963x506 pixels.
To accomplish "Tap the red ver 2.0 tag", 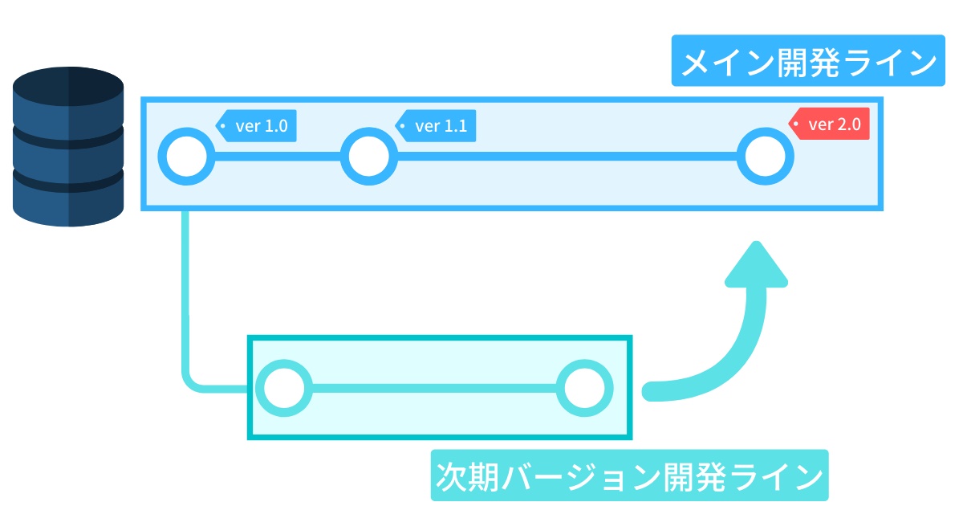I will click(831, 124).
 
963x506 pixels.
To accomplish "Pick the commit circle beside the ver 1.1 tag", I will click(369, 156).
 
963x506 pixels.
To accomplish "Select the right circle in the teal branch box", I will click(585, 389).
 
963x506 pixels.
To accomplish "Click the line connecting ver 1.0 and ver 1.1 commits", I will click(278, 156).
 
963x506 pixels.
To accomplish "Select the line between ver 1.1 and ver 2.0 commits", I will click(567, 156).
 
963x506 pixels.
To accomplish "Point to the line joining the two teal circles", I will click(433, 389).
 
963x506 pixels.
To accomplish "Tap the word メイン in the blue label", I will click(718, 62).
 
